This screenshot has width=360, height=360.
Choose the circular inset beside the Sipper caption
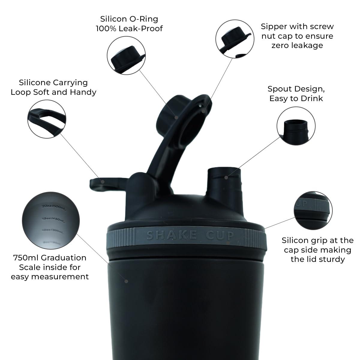[x=235, y=38]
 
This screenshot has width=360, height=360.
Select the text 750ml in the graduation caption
[x=26, y=258]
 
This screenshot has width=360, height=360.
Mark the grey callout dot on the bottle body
[x=126, y=281]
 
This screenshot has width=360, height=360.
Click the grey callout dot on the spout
[x=226, y=178]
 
